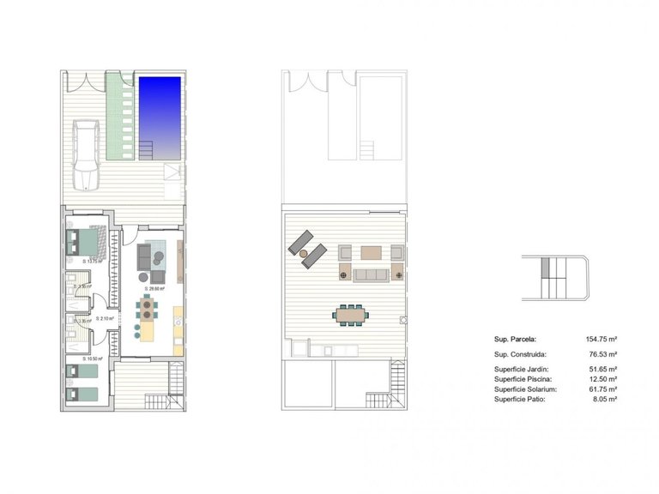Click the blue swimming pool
(161, 116)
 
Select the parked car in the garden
(88, 154)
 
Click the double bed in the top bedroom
(86, 242)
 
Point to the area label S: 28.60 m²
(154, 289)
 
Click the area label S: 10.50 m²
(93, 358)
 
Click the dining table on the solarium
(349, 315)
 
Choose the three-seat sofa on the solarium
(371, 274)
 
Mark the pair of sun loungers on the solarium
(306, 244)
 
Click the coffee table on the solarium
(371, 253)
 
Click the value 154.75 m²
(602, 339)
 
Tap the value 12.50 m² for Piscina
(603, 378)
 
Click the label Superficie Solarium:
(526, 389)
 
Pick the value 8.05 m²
(605, 399)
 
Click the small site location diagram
(554, 277)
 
